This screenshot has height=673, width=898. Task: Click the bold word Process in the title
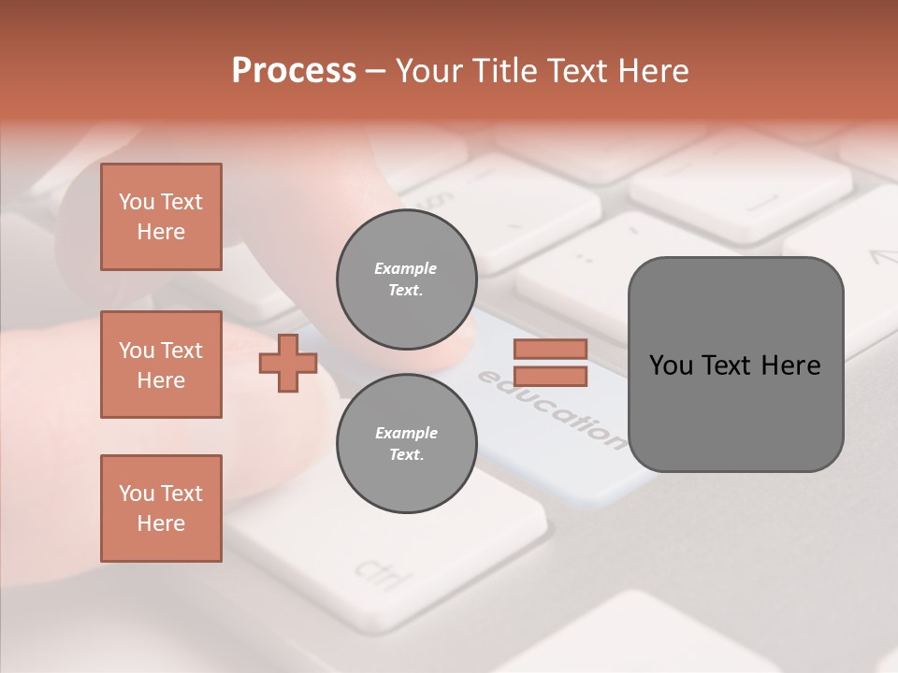[294, 70]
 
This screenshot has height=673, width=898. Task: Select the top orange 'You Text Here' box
[161, 217]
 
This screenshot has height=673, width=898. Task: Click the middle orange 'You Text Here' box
[161, 365]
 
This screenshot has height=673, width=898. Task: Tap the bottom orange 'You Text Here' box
[161, 508]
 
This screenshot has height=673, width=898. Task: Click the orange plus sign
[287, 363]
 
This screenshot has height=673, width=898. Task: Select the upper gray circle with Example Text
[406, 279]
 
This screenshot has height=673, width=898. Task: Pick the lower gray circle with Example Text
[406, 443]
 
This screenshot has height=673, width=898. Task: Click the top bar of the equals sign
[550, 349]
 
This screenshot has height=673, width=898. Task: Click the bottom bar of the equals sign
[550, 376]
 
